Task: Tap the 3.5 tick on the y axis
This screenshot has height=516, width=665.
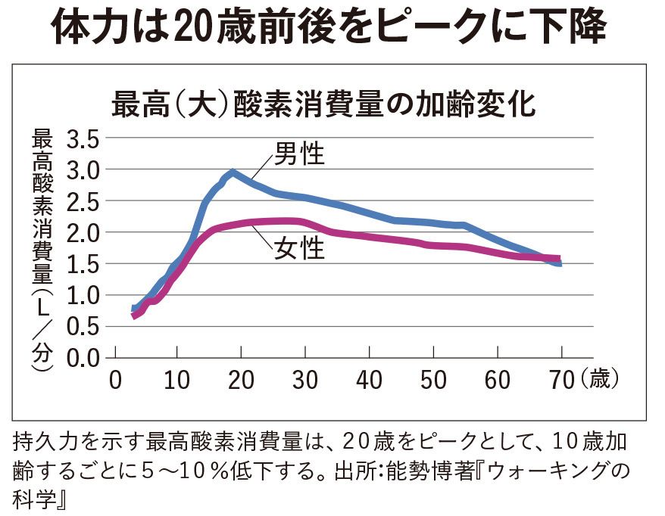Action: [x=83, y=141]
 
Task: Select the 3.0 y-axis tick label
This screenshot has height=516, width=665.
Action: [x=83, y=172]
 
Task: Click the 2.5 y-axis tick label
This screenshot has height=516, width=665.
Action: [x=83, y=203]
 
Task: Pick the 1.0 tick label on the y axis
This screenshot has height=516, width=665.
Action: [x=83, y=296]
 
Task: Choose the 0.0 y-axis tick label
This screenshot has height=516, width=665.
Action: [x=83, y=358]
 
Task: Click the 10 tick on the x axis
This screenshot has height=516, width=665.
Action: [x=178, y=379]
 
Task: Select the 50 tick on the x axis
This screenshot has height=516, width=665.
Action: [x=434, y=379]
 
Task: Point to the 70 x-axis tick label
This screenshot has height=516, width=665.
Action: [x=561, y=379]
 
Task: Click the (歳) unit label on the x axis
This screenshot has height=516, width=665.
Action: [x=601, y=379]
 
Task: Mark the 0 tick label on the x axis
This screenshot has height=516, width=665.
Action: [x=115, y=379]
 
